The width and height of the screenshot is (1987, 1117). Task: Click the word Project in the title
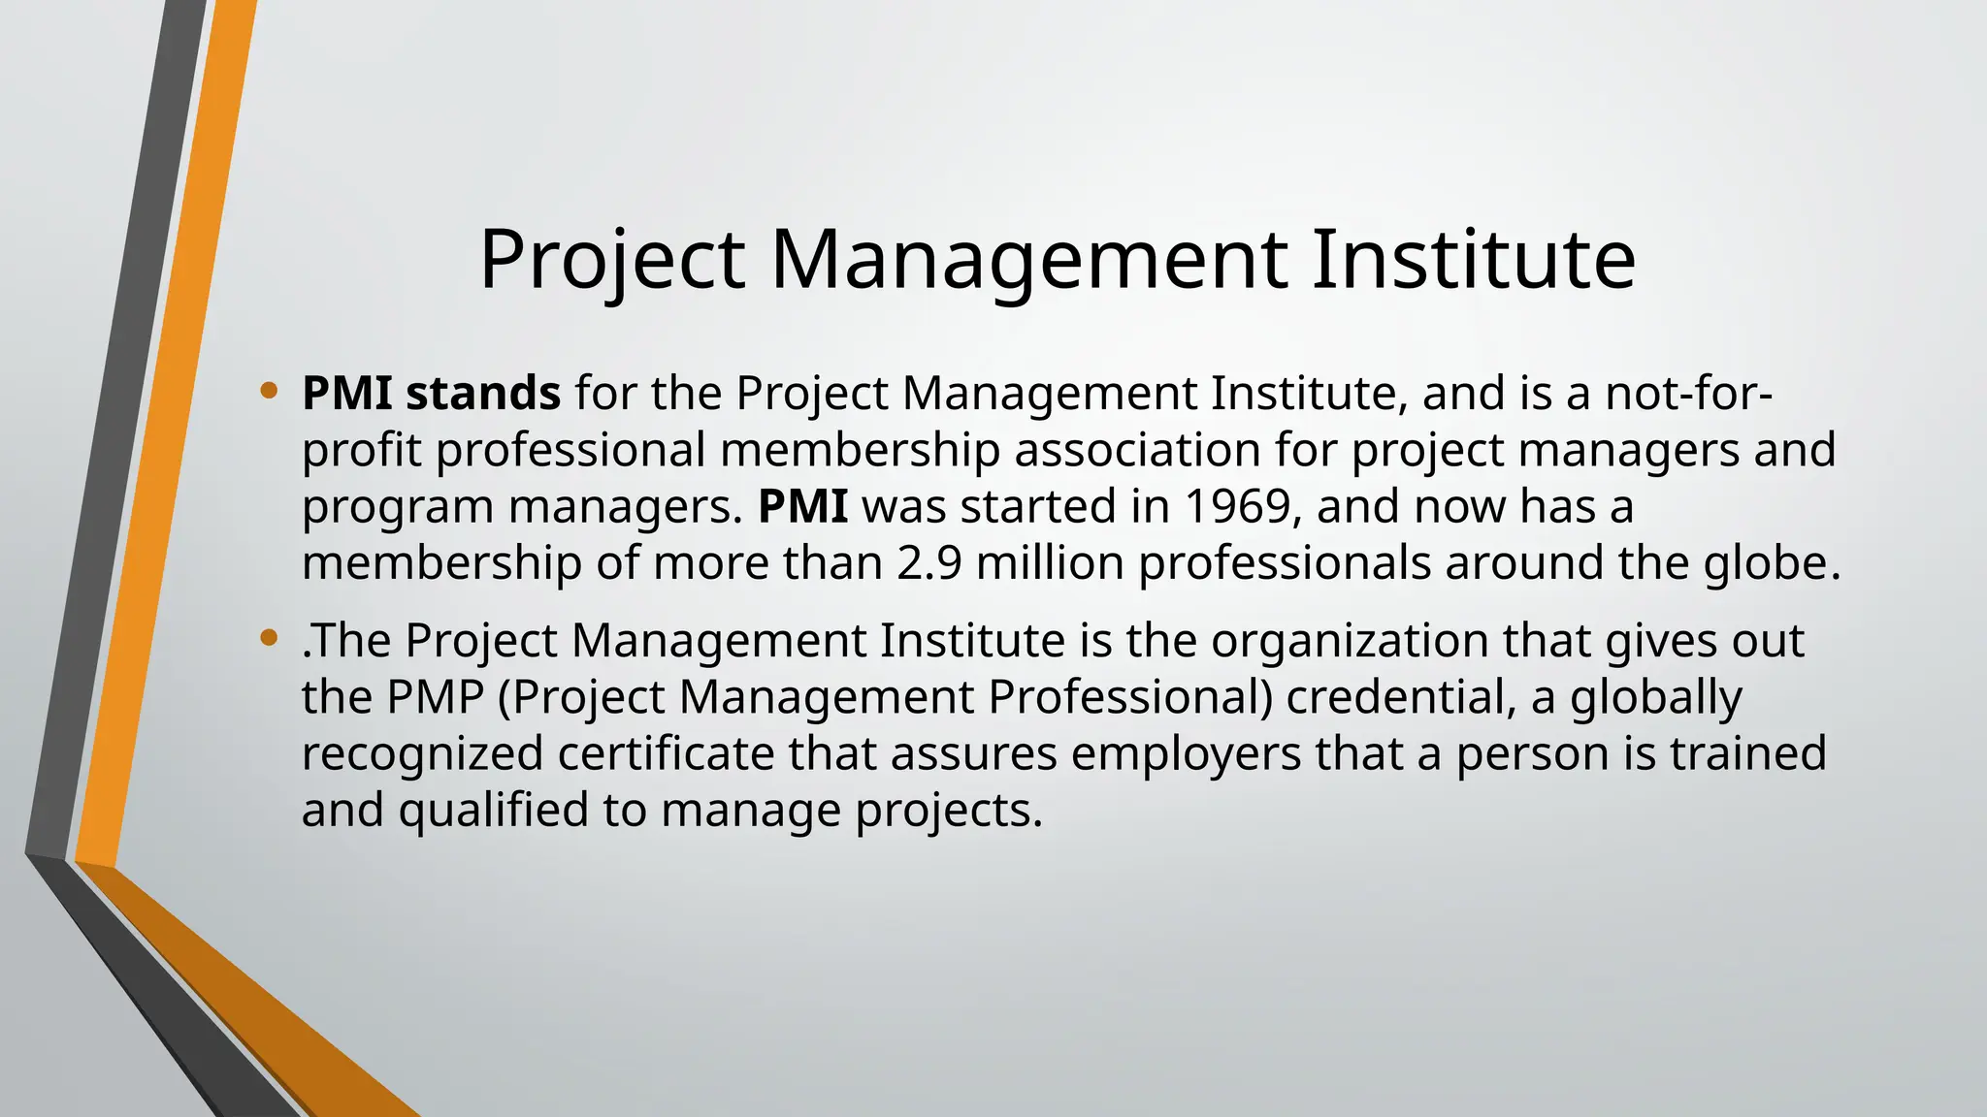point(612,260)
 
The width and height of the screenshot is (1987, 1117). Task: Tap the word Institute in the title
point(1474,260)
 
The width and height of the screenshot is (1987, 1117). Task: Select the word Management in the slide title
point(1028,260)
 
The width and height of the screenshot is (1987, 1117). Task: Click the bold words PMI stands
point(431,394)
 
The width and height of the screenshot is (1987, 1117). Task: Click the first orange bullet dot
point(269,392)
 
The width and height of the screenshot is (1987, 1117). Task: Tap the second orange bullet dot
point(269,639)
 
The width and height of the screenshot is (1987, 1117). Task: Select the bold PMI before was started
point(802,506)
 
